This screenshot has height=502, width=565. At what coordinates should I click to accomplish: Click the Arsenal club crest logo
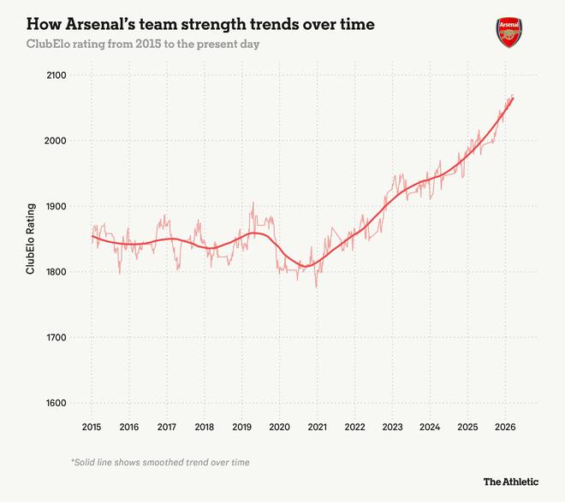(508, 32)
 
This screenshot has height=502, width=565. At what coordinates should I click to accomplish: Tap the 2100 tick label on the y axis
(57, 75)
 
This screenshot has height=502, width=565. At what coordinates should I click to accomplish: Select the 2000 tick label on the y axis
(57, 141)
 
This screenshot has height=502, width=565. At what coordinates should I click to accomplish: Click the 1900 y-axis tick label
(57, 207)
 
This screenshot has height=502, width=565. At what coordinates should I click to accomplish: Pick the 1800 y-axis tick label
(57, 272)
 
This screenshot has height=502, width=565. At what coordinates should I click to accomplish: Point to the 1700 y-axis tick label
(57, 338)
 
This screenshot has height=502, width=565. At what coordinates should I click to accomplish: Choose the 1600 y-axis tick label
(57, 404)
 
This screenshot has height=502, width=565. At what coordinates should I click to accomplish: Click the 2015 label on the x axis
(92, 427)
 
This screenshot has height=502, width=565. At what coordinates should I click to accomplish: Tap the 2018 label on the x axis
(204, 427)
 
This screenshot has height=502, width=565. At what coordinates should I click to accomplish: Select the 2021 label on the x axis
(317, 427)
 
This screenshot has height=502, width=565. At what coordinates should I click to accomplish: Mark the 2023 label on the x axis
(392, 427)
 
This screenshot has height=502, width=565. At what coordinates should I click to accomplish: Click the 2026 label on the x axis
(505, 427)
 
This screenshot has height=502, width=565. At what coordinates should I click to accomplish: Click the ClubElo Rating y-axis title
(30, 239)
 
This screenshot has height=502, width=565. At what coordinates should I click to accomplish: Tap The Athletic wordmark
(512, 481)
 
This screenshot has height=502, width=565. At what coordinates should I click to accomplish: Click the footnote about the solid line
(160, 462)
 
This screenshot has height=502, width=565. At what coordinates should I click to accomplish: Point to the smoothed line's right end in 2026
(513, 98)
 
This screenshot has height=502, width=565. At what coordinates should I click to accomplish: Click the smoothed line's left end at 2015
(92, 236)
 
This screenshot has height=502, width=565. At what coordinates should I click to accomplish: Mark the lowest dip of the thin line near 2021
(316, 286)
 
